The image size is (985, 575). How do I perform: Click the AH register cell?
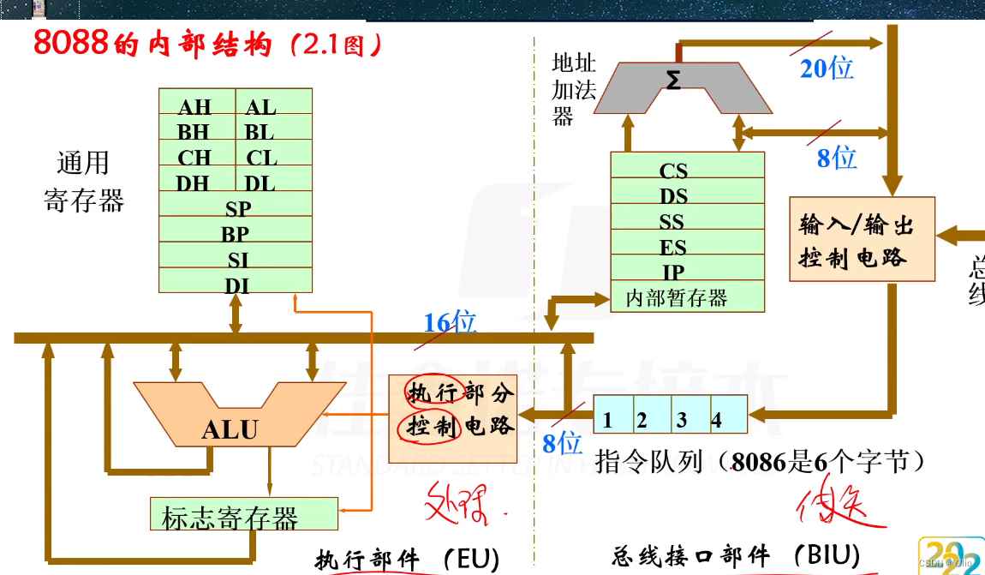pos(195,106)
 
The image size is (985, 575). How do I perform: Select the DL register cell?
pos(260,183)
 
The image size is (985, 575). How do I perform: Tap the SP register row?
pos(237,208)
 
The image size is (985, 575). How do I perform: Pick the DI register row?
pos(237,285)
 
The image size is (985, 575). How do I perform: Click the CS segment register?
pos(674,171)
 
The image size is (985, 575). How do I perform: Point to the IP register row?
pos(674,273)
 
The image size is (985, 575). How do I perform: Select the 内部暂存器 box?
pos(678,298)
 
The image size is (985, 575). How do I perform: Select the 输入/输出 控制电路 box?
pos(862,240)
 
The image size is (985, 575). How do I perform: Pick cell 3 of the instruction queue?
pos(682,420)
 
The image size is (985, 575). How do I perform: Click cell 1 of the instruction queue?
pos(608,420)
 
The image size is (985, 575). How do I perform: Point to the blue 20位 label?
pos(827,68)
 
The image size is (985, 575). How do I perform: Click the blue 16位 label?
pos(451,322)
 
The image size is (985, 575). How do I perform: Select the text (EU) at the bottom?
pos(471,559)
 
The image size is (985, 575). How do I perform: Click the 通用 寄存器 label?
pos(83,182)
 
